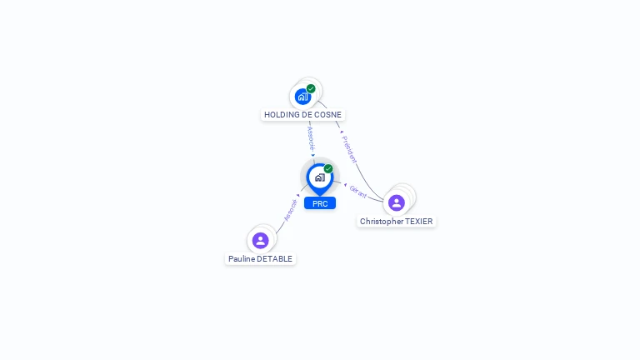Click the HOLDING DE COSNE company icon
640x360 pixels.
(302, 96)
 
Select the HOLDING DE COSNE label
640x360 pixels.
(302, 115)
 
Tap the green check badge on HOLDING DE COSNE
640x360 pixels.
(311, 88)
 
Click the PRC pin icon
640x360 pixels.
(319, 177)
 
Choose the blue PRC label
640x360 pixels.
(320, 203)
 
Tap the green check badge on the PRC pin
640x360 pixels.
(328, 169)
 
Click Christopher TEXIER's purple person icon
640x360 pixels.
(397, 202)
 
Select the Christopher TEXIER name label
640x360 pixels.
(397, 222)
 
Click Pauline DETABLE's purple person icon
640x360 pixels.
(260, 240)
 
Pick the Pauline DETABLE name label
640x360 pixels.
(260, 259)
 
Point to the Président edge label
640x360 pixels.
(350, 148)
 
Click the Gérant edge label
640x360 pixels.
(358, 192)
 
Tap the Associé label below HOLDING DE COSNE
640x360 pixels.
(311, 137)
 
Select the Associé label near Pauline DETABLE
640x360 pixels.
(289, 209)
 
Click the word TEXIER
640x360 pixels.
(419, 222)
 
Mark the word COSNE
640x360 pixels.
(327, 115)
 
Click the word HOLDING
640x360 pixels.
(282, 115)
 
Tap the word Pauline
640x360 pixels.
(241, 259)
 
